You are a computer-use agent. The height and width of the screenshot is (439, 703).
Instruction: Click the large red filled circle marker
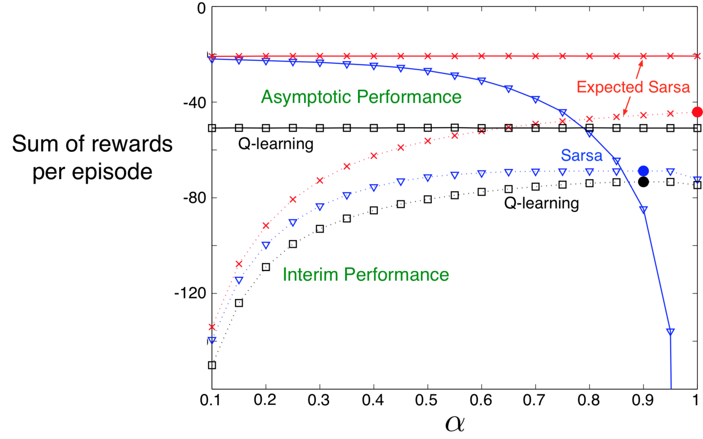click(697, 112)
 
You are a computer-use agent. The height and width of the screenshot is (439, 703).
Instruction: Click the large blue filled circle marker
click(643, 171)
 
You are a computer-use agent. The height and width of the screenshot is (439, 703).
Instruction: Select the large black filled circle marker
click(643, 182)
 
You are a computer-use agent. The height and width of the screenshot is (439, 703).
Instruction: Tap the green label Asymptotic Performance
click(361, 97)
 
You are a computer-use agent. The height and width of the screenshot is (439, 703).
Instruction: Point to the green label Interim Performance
click(366, 275)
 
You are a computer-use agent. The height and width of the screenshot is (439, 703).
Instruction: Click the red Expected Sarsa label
click(633, 87)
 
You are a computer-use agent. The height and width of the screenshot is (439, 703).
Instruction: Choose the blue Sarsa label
click(581, 155)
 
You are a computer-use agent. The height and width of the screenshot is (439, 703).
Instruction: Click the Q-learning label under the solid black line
click(276, 144)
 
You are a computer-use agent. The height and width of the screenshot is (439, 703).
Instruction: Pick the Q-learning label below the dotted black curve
click(541, 203)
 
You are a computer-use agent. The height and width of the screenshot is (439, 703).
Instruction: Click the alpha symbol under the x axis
click(455, 423)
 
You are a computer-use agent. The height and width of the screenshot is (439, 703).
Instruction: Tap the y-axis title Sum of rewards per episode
click(92, 157)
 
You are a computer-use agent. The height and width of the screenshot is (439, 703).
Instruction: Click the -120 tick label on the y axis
click(190, 293)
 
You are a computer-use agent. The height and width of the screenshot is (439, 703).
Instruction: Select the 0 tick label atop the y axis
click(202, 8)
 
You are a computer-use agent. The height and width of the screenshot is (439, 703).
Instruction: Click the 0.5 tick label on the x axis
click(426, 400)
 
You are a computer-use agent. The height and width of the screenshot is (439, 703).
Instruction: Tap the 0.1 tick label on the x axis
click(211, 400)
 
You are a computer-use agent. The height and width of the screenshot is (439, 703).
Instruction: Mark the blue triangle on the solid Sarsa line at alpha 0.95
click(670, 332)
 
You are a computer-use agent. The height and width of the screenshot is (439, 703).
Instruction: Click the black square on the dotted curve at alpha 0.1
click(212, 365)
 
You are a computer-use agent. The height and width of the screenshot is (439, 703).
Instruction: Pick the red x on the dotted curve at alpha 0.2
click(266, 225)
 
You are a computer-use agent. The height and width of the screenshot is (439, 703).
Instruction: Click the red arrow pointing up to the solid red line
click(639, 69)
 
